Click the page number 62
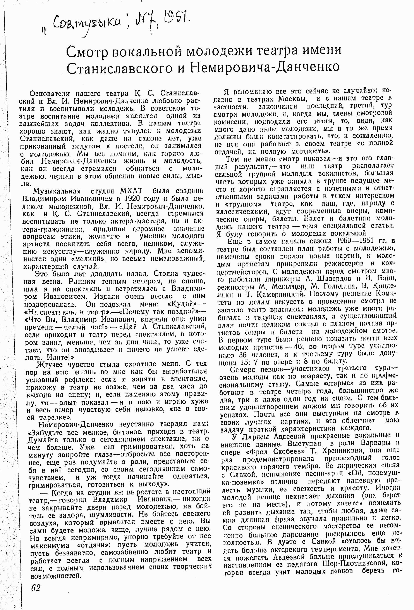tap(36, 587)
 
